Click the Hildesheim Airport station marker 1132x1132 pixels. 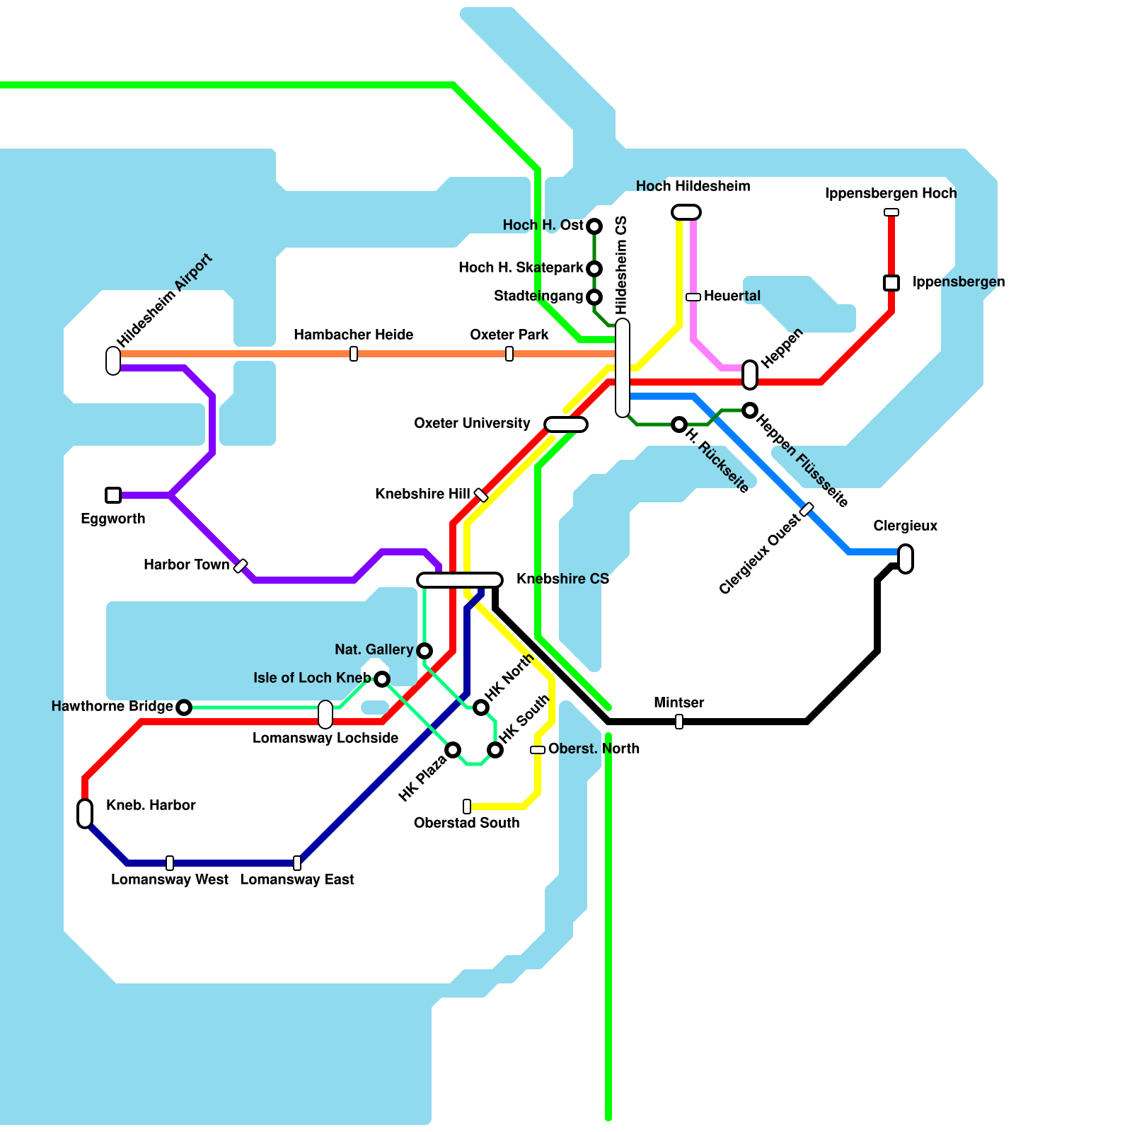pos(113,361)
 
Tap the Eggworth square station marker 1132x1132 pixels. pos(113,495)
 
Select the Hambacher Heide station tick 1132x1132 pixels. pos(354,354)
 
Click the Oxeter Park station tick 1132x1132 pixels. pos(509,354)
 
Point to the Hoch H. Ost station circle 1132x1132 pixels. pos(594,226)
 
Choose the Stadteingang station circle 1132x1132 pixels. pos(594,297)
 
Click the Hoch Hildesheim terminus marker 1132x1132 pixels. pos(686,212)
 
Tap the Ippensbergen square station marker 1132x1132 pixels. pos(891,283)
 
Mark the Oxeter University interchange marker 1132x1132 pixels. pos(566,424)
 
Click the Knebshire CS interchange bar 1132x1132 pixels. pos(460,580)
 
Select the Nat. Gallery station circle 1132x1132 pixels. pos(424,651)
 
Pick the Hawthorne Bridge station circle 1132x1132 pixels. pos(184,707)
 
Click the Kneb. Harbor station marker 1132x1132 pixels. pos(85,814)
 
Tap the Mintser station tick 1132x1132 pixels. pos(679,722)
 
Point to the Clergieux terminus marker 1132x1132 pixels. pos(906,559)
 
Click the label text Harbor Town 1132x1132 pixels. pos(186,565)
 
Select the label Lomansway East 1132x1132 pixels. pos(297,879)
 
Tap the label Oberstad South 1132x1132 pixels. pos(466,823)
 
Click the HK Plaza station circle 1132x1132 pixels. pos(453,750)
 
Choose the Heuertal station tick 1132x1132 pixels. pos(693,297)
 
